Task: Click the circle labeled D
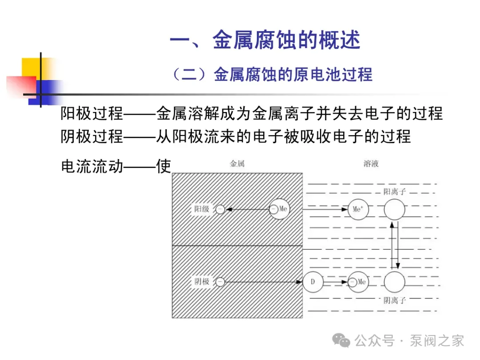(x=312, y=282)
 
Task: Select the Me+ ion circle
(x=358, y=209)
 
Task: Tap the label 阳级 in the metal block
(x=202, y=209)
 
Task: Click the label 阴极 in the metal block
(x=202, y=282)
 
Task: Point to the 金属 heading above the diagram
(x=237, y=164)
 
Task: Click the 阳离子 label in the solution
(x=395, y=192)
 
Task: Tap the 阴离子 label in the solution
(x=395, y=300)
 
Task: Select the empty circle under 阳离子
(x=394, y=209)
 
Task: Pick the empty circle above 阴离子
(x=394, y=282)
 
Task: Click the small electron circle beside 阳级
(x=220, y=209)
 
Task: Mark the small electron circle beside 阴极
(x=220, y=282)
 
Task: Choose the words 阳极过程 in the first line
(x=92, y=114)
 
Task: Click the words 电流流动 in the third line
(x=92, y=167)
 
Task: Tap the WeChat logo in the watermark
(x=342, y=341)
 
